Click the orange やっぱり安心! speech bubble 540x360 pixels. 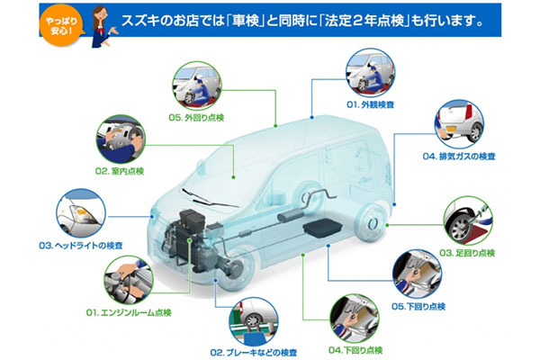pos(61,26)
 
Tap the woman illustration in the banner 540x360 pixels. pos(103,27)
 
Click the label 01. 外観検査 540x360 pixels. pos(370,104)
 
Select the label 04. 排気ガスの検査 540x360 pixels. pos(459,157)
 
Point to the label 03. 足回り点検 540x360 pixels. pos(467,253)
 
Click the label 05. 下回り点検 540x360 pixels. pos(418,306)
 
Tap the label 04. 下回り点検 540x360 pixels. pos(355,350)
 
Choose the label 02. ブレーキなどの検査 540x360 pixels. pos(254,353)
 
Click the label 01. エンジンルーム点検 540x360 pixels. pos(129,313)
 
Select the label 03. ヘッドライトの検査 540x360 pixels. pos(81,246)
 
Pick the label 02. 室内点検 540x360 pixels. pos(120,171)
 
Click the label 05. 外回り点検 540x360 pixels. pos(196,118)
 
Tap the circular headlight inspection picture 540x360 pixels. pos(81,213)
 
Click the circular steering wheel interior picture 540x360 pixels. pos(121,139)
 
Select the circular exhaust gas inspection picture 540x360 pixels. pos(459,124)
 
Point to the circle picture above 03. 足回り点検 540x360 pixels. pos(468,220)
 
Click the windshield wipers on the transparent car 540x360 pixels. pos(209,199)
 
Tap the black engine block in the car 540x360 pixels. pos(188,238)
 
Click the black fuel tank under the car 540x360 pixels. pos(322,228)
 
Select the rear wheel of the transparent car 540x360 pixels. pos(373,223)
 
